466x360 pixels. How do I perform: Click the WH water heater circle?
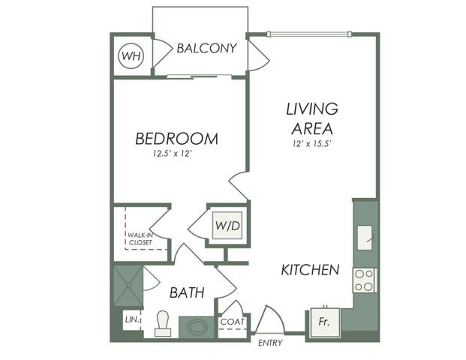(132, 55)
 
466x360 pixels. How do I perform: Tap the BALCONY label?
(206, 48)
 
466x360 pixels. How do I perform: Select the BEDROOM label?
(176, 139)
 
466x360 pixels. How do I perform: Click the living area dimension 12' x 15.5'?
(312, 143)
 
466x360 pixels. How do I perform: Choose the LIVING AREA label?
(312, 118)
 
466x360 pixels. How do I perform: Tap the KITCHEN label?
(310, 269)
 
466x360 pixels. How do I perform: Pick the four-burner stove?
(365, 280)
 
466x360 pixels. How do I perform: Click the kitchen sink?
(365, 238)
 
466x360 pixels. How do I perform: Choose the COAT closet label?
(230, 322)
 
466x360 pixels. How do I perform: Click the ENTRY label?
(270, 343)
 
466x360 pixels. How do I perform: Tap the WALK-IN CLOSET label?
(140, 238)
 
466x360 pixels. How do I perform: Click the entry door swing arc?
(270, 319)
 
